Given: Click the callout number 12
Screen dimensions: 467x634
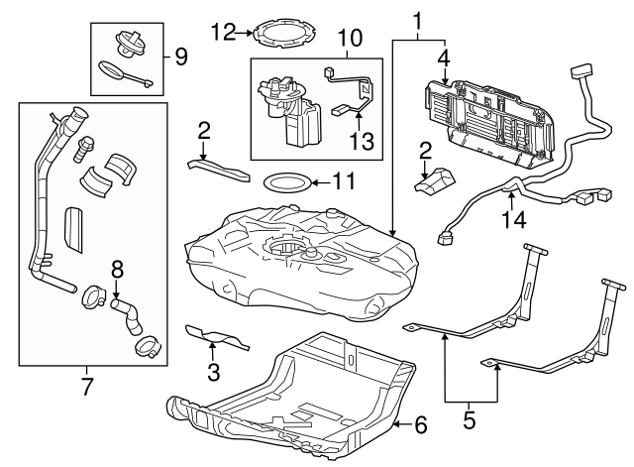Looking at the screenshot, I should [220, 33].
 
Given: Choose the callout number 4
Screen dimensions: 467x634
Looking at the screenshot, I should [444, 58].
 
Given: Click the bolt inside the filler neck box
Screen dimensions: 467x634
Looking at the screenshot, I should [82, 150].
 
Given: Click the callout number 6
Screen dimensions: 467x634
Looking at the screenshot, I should [420, 425].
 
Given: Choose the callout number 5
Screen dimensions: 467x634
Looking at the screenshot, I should [470, 418].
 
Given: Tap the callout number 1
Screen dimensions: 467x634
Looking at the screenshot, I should [417, 19].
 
